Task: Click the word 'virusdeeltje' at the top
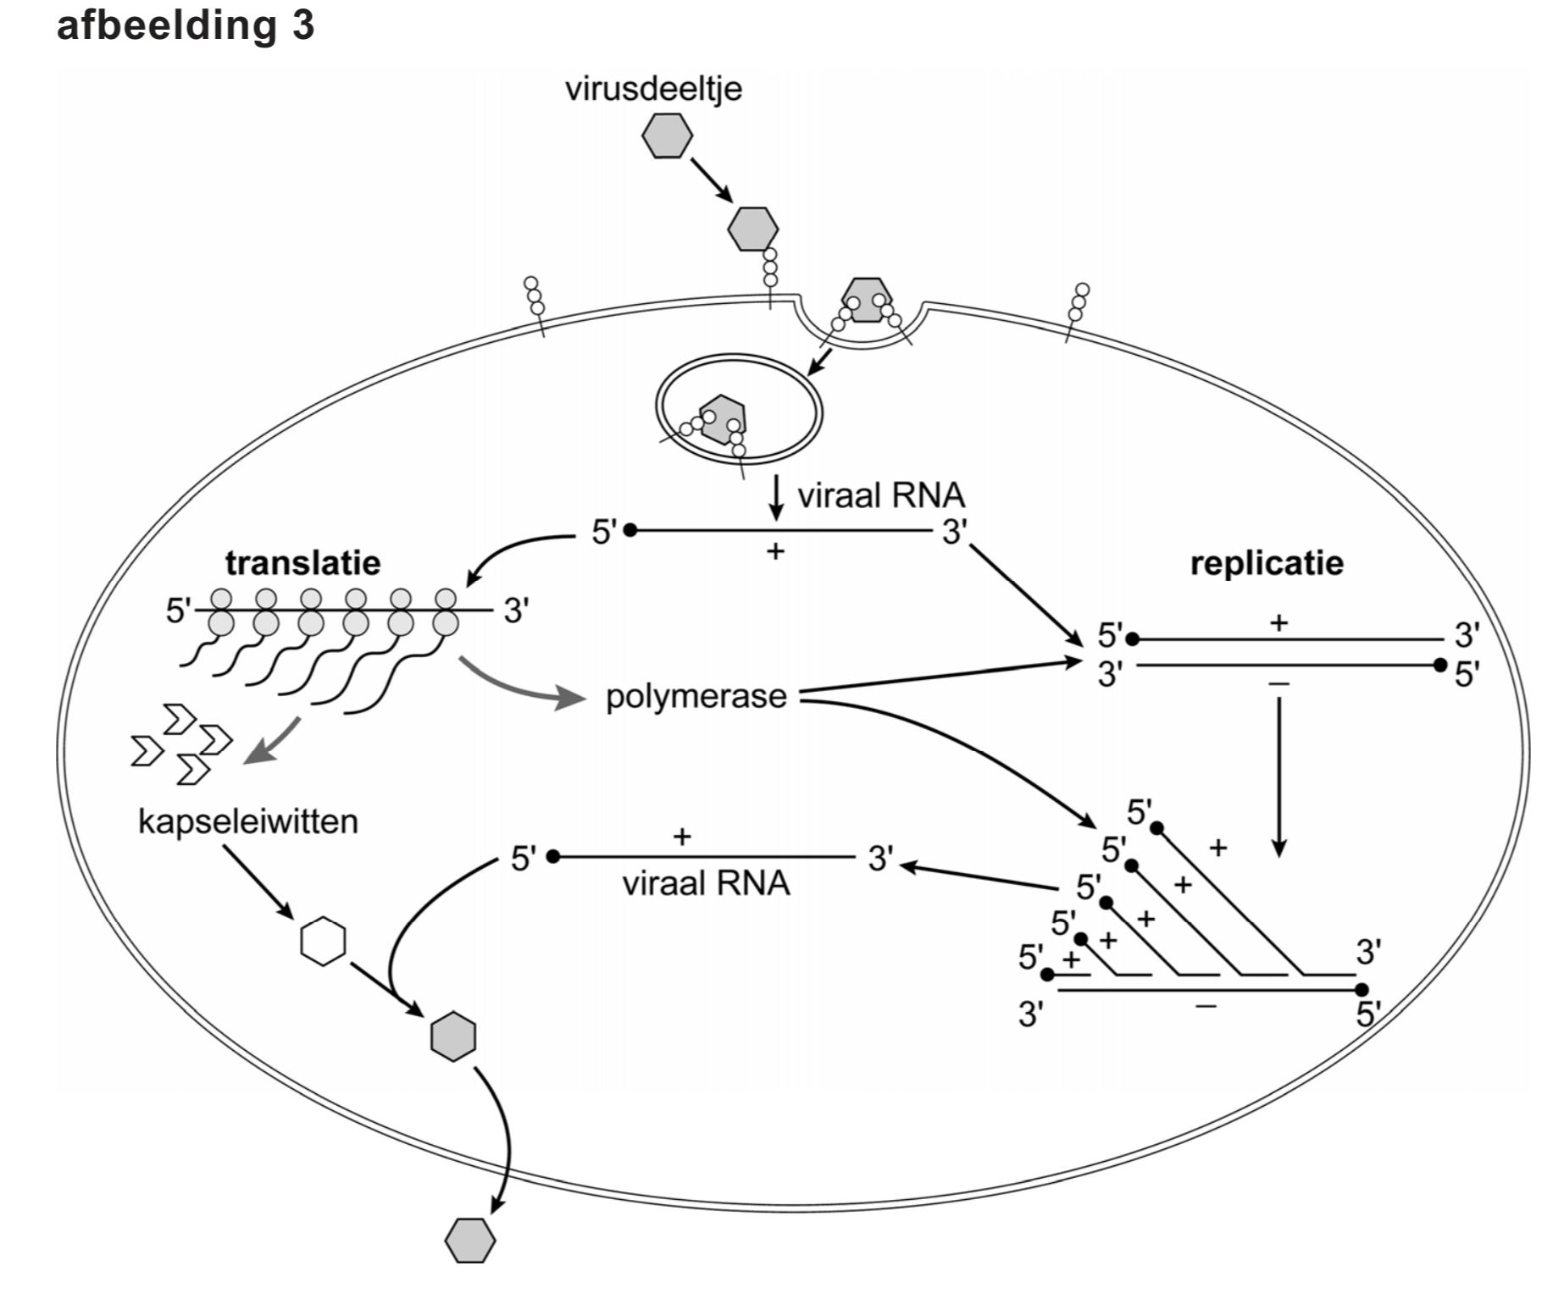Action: [653, 89]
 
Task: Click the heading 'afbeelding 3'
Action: [185, 25]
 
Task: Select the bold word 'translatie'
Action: [302, 563]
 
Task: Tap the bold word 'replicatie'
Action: [1266, 564]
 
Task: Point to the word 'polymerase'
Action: [696, 697]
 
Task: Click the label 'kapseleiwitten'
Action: [247, 821]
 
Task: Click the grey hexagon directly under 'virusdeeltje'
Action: [667, 136]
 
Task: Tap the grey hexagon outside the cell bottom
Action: [470, 1241]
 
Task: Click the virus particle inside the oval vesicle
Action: [722, 420]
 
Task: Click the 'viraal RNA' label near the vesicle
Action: [881, 495]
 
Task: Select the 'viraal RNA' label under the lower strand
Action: [706, 884]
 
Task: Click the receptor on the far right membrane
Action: [1077, 308]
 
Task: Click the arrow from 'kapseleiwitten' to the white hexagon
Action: [258, 882]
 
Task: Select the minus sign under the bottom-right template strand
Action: [1206, 1006]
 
